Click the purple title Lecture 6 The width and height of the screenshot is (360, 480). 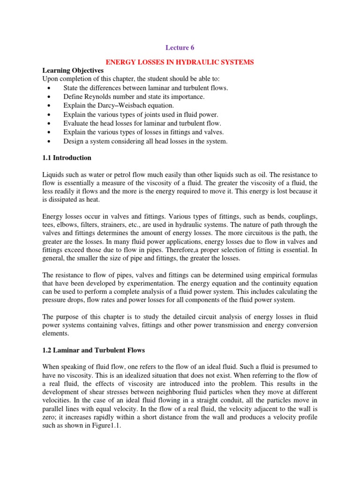point(180,47)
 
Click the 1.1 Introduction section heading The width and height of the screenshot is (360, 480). point(67,157)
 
